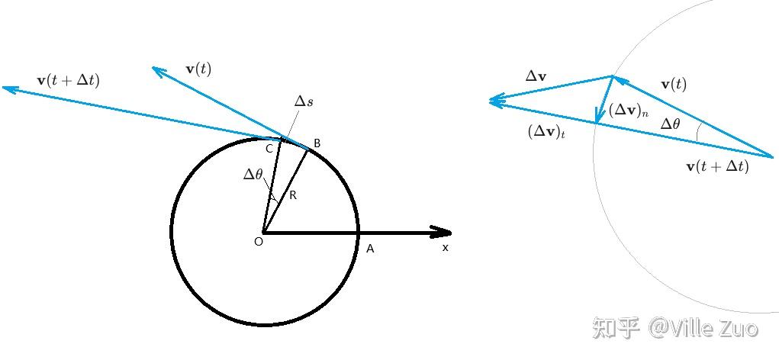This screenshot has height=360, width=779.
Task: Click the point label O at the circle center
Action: pyautogui.click(x=259, y=242)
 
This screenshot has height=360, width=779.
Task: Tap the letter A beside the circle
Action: pyautogui.click(x=369, y=249)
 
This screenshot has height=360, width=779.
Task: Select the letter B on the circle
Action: pyautogui.click(x=317, y=144)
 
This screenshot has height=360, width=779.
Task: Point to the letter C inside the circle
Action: pyautogui.click(x=269, y=149)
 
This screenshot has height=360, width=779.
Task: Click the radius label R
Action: pyautogui.click(x=293, y=196)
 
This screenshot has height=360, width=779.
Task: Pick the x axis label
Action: pyautogui.click(x=445, y=248)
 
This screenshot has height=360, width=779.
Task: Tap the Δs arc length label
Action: pyautogui.click(x=304, y=101)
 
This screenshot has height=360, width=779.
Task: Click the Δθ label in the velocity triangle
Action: pyautogui.click(x=670, y=124)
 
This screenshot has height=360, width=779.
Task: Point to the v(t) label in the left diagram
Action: pyautogui.click(x=198, y=69)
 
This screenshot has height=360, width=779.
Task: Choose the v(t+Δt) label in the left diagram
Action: pyautogui.click(x=69, y=80)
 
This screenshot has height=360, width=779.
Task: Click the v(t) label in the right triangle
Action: pyautogui.click(x=674, y=85)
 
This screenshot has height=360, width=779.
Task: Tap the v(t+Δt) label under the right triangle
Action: pyautogui.click(x=717, y=166)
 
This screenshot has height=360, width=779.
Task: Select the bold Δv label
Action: pyautogui.click(x=536, y=76)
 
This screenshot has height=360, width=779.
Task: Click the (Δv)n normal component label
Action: pyautogui.click(x=629, y=111)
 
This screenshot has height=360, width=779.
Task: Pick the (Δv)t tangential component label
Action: pyautogui.click(x=546, y=132)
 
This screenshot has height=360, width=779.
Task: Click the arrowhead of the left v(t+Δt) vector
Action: pyautogui.click(x=9, y=89)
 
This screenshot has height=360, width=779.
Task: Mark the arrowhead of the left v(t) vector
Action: pyautogui.click(x=158, y=71)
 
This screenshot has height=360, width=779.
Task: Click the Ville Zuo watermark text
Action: pyautogui.click(x=703, y=328)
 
